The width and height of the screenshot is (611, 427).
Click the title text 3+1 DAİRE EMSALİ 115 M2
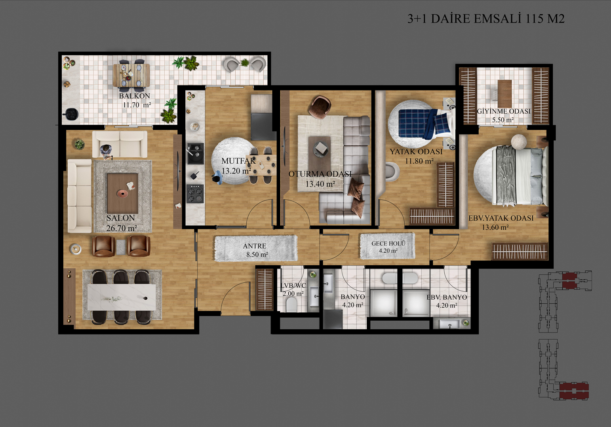pos(486,19)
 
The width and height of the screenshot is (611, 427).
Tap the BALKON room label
pos(135,96)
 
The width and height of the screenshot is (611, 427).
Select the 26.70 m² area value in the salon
pos(122,228)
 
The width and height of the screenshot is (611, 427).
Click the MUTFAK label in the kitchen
pos(238,161)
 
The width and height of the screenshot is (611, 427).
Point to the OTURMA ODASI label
pos(320,174)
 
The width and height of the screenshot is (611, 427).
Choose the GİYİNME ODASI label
pos(504,111)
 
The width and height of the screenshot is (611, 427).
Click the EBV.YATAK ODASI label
pos(501,218)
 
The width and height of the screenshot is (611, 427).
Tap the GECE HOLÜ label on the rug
pos(388,244)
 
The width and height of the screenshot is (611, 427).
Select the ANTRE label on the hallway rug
pos(255,246)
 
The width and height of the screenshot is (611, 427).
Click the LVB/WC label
pos(293,285)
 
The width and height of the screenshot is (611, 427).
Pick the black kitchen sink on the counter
pos(195,153)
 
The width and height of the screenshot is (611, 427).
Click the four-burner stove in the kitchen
pos(195,194)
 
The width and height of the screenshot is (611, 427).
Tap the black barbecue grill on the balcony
pos(70,114)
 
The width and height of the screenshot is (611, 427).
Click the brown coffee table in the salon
pos(122,194)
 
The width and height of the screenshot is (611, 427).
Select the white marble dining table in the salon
pos(122,297)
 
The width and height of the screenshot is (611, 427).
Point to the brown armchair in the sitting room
pos(320,107)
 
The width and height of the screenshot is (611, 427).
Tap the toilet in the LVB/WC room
pos(291,304)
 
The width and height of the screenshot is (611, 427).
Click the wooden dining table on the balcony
pos(131,76)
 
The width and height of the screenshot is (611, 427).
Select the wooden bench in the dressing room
pos(504,93)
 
